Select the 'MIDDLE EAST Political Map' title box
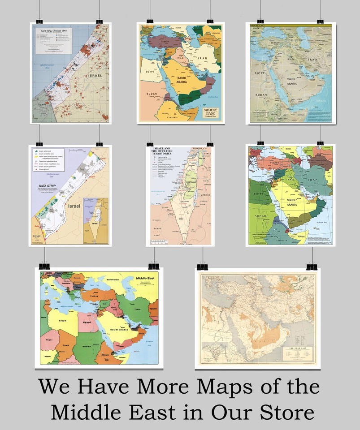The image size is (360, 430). point(211,111)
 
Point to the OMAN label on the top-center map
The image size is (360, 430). point(209,83)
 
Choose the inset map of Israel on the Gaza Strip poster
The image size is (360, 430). point(95,220)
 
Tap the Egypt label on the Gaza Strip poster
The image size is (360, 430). point(38,235)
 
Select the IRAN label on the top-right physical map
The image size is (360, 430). point(312,59)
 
